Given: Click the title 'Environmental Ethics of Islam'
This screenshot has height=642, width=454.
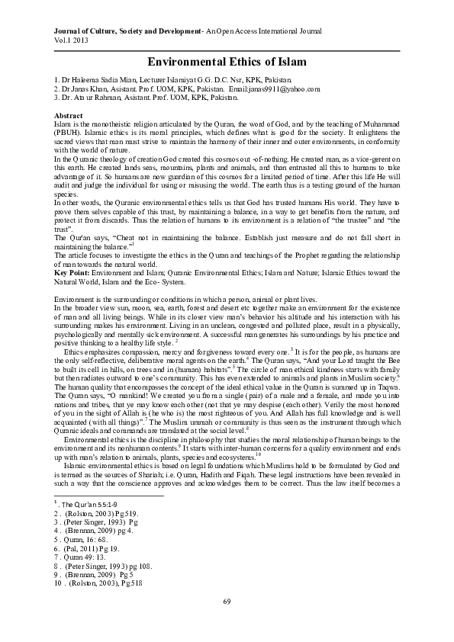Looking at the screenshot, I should click(227, 60).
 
